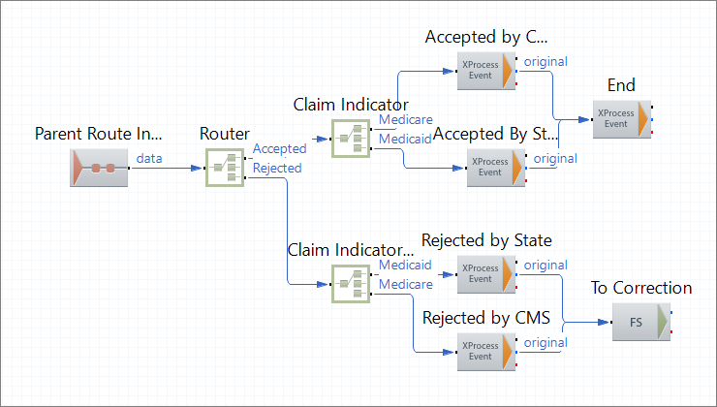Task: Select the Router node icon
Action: click(225, 169)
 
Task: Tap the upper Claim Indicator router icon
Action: click(351, 139)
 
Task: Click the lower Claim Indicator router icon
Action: click(351, 284)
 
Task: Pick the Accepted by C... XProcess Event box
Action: click(484, 71)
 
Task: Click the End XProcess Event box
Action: click(620, 119)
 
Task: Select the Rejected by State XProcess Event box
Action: click(484, 274)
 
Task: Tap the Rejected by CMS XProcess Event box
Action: click(484, 352)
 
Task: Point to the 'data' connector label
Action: click(149, 157)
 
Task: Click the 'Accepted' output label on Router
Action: click(279, 149)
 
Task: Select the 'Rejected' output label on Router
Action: click(277, 168)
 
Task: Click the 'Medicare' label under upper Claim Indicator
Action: click(405, 120)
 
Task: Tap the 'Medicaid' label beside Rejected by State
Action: click(405, 265)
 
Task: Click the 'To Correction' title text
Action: click(641, 288)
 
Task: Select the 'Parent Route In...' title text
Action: click(98, 133)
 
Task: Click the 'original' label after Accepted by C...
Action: click(546, 62)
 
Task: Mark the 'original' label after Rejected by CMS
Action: click(546, 342)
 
